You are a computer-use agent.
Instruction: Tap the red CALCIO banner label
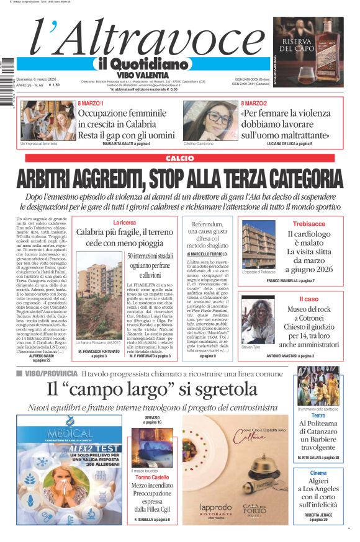179,159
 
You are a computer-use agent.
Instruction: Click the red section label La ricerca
124,222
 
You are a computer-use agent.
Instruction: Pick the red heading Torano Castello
152,478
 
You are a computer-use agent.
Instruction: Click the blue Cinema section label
318,473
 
